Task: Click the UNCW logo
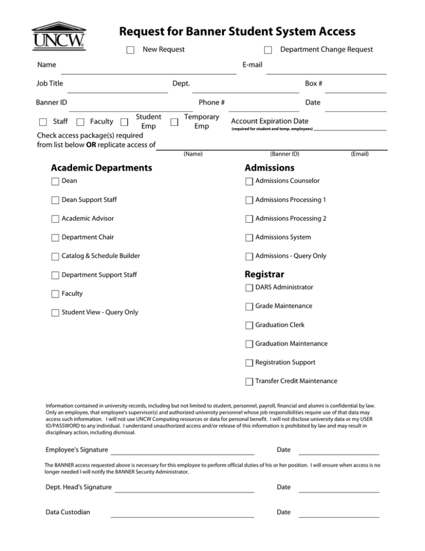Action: [59, 35]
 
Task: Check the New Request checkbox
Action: [130, 50]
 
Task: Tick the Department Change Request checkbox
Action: [268, 50]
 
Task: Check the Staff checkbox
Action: [43, 122]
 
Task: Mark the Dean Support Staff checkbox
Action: [55, 200]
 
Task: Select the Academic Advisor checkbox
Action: [55, 219]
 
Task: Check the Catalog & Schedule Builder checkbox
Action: [55, 257]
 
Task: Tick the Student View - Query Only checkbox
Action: [55, 313]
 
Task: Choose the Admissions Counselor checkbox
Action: [249, 181]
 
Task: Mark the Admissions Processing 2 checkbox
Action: [249, 219]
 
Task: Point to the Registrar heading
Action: [264, 274]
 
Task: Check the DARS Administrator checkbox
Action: [249, 288]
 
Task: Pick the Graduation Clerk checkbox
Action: [249, 326]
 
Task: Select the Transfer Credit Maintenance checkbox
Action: [249, 382]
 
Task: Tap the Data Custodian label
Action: [68, 512]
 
